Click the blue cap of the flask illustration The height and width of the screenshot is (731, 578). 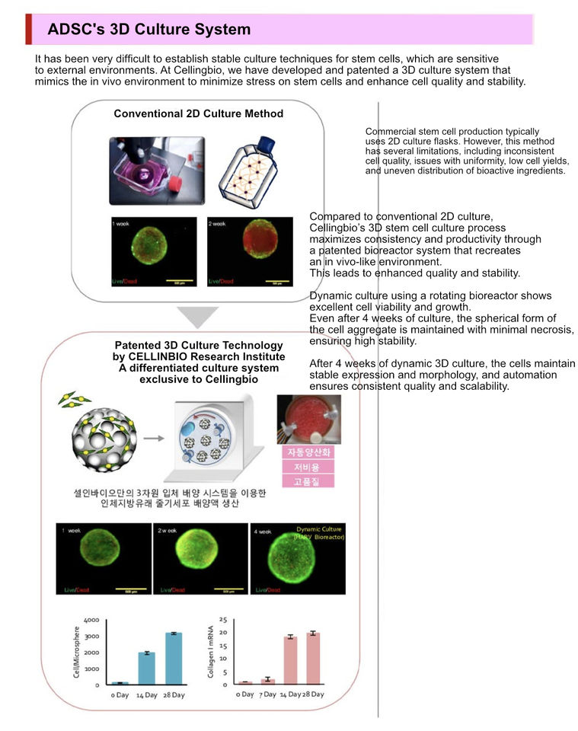click(266, 144)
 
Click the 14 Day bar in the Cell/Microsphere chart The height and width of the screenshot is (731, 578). click(147, 668)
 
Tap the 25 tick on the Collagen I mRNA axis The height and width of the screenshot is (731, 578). click(223, 620)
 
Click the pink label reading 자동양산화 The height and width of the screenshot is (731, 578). click(302, 452)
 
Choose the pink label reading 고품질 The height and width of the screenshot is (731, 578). click(302, 481)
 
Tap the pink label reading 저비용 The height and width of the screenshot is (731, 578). click(302, 467)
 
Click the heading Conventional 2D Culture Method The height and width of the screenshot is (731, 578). click(198, 113)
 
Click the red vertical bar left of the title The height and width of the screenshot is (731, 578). click(29, 29)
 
